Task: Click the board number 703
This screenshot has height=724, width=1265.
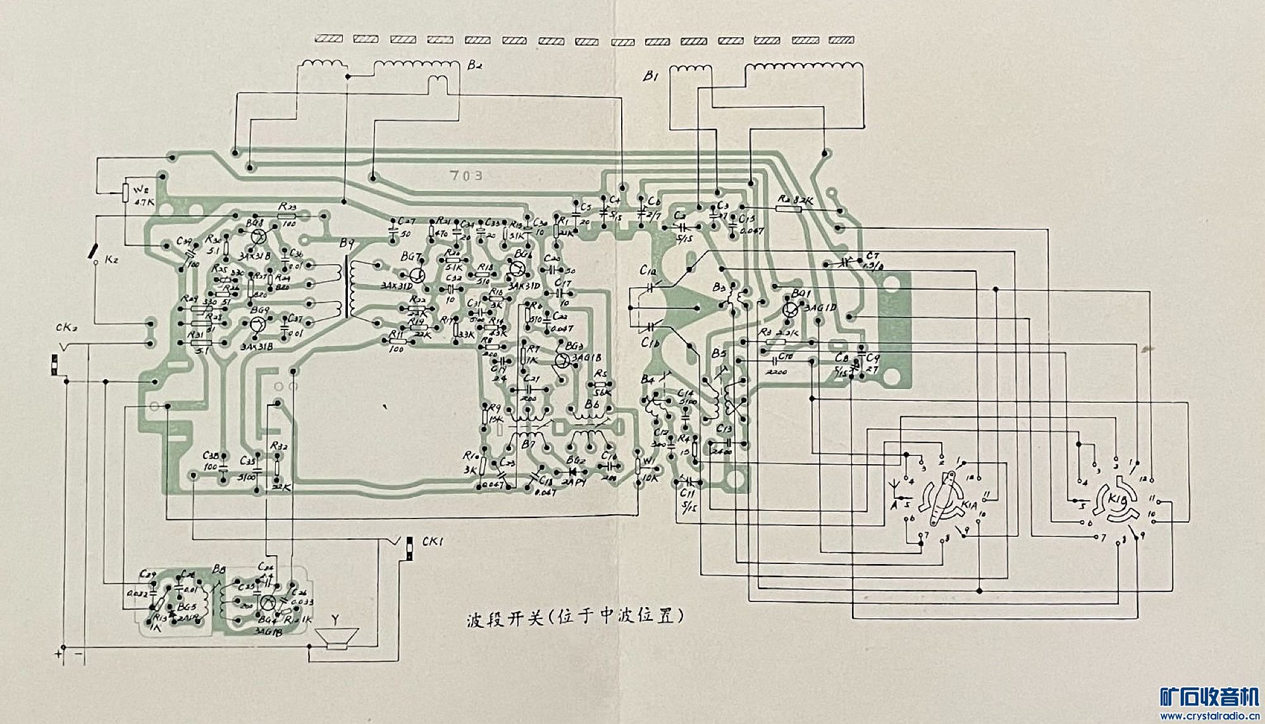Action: coord(466,175)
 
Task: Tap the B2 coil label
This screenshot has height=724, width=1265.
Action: coord(475,65)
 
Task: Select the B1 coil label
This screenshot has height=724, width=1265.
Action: coord(651,76)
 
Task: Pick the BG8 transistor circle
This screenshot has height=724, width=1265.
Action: coord(257,237)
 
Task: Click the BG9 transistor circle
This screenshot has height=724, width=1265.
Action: coord(257,325)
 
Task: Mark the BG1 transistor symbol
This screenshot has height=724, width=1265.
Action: coord(790,310)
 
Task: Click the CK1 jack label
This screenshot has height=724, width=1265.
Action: coord(433,542)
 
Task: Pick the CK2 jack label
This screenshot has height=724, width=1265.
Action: coord(66,328)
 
